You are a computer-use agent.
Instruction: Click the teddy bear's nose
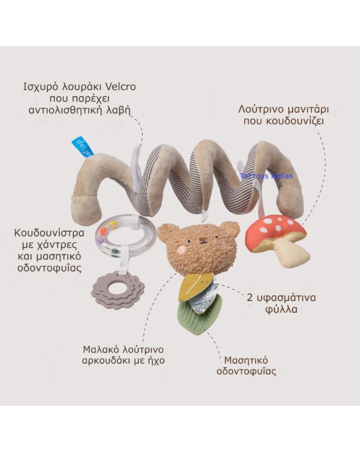coord(202,242)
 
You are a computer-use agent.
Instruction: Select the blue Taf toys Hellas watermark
coord(266,176)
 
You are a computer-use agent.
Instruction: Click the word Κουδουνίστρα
coord(49,233)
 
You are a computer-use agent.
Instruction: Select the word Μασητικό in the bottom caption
coord(246,360)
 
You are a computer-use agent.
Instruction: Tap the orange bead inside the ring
coord(102,230)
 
